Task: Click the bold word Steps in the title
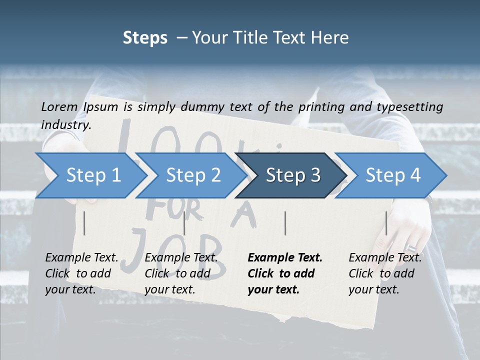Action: [145, 37]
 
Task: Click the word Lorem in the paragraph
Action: [59, 106]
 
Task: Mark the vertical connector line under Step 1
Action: [84, 223]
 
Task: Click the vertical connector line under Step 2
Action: [184, 223]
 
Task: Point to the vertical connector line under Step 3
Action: [285, 223]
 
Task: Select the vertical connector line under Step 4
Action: [386, 223]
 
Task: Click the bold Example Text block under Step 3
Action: [284, 273]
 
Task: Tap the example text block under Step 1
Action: [81, 273]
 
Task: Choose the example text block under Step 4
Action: [384, 273]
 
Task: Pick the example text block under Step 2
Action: [180, 273]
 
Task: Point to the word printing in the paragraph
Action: [320, 106]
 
